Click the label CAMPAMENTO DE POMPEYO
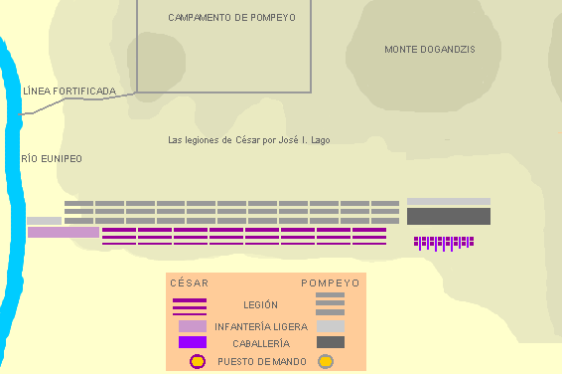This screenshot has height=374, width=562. click(232, 18)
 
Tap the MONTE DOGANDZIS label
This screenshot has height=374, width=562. click(430, 50)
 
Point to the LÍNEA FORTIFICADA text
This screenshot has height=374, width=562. click(70, 91)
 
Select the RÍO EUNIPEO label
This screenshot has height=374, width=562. click(52, 158)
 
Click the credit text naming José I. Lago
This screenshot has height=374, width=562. click(249, 140)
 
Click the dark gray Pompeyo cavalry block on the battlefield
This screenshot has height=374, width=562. click(449, 216)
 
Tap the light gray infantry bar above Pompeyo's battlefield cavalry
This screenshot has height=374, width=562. click(449, 201)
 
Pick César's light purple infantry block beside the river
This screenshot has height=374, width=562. click(64, 232)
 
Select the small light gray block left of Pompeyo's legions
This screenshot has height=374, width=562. click(44, 221)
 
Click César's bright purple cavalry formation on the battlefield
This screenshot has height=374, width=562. click(444, 244)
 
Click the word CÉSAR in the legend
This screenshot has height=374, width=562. click(190, 283)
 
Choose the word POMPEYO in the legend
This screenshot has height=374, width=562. click(331, 283)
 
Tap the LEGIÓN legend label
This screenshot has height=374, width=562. click(260, 305)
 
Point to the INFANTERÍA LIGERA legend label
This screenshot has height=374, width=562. click(261, 326)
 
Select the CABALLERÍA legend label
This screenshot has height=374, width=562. click(261, 344)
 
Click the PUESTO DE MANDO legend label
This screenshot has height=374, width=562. click(262, 361)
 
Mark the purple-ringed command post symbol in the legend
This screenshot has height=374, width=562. click(198, 361)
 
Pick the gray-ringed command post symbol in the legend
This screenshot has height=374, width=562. click(326, 361)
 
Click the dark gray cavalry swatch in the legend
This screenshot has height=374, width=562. click(331, 342)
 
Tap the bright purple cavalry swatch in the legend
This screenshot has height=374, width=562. click(193, 342)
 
